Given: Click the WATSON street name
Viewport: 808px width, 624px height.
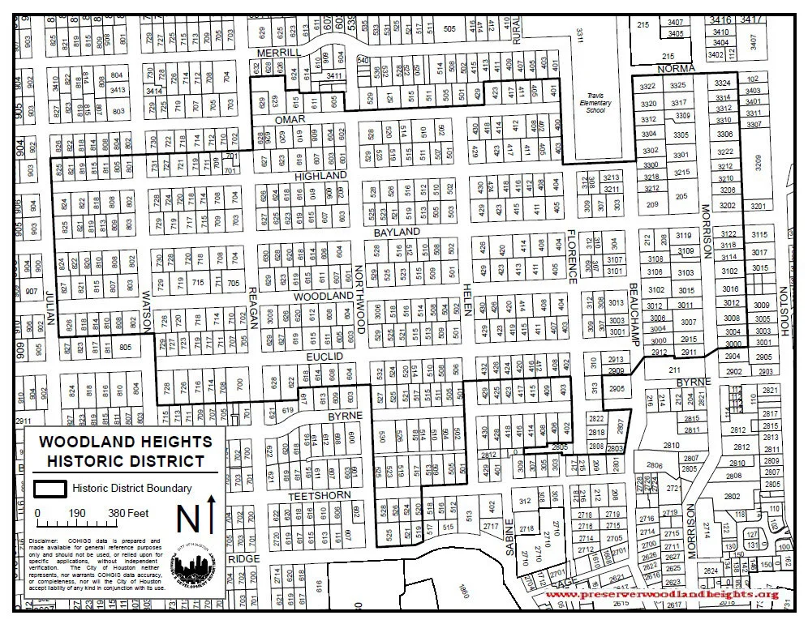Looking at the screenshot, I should (x=148, y=311).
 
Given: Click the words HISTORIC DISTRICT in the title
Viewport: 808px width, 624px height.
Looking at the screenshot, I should (x=126, y=461).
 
